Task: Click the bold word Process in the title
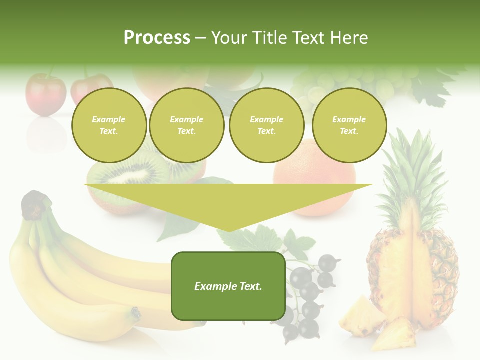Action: pyautogui.click(x=157, y=37)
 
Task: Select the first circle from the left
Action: pyautogui.click(x=109, y=125)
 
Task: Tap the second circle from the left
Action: pyautogui.click(x=186, y=125)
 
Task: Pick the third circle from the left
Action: pyautogui.click(x=266, y=125)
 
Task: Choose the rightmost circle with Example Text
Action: pyautogui.click(x=349, y=125)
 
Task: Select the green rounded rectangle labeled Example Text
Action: pyautogui.click(x=228, y=286)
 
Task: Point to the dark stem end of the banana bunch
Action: pyautogui.click(x=35, y=205)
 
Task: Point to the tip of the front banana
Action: pyautogui.click(x=135, y=314)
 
